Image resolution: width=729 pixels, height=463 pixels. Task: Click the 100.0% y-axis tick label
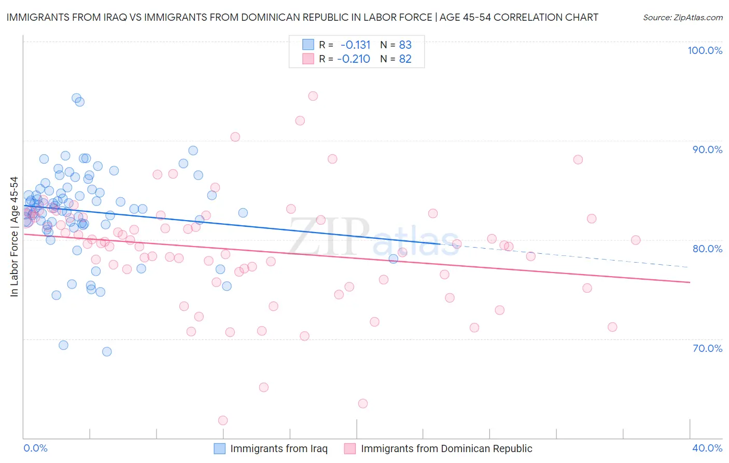tap(705, 50)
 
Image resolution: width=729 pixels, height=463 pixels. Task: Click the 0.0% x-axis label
tap(35, 448)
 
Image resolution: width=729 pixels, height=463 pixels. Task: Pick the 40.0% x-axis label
tap(707, 448)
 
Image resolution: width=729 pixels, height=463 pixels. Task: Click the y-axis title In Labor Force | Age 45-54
tap(14, 237)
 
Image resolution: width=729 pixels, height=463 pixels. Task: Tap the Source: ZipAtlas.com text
tap(682, 18)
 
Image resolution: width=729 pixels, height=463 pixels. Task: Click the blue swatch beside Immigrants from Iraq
tap(220, 448)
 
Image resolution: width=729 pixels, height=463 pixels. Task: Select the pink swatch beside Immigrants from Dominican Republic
tap(350, 448)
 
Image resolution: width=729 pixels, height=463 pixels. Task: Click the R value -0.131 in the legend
tap(356, 45)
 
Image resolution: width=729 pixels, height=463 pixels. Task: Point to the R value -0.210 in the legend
tap(354, 59)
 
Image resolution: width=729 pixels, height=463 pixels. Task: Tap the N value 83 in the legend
tap(405, 45)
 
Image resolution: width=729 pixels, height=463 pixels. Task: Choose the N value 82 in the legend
tap(405, 59)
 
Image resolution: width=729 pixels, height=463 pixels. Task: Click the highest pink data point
tap(313, 96)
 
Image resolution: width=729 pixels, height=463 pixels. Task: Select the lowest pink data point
tap(223, 420)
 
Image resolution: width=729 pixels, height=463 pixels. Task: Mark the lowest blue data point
tap(107, 351)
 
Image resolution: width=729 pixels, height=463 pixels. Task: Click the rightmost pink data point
tap(636, 240)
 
